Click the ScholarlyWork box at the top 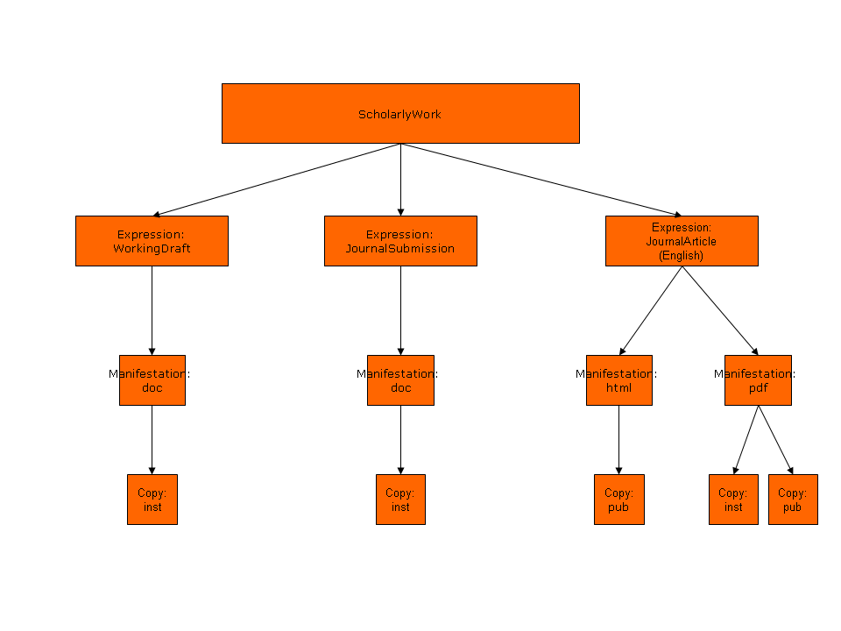coord(400,113)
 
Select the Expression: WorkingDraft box coord(152,241)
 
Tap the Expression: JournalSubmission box coord(400,241)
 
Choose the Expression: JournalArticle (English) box coord(682,241)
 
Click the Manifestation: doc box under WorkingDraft coord(152,380)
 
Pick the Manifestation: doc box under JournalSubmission coord(400,380)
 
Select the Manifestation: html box coord(618,380)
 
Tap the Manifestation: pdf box coord(758,380)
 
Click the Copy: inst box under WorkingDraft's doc coord(152,500)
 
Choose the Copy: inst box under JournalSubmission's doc coord(400,500)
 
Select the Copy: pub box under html coord(618,500)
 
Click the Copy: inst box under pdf coord(733,500)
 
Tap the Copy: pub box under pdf coord(793,500)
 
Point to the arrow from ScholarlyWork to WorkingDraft coord(276,180)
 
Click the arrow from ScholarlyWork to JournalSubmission coord(400,180)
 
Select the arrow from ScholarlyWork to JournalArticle coord(541,180)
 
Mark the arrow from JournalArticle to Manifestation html coord(651,310)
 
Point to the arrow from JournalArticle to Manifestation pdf coord(720,310)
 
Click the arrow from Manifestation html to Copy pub coord(618,440)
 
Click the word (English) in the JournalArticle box coord(682,256)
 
